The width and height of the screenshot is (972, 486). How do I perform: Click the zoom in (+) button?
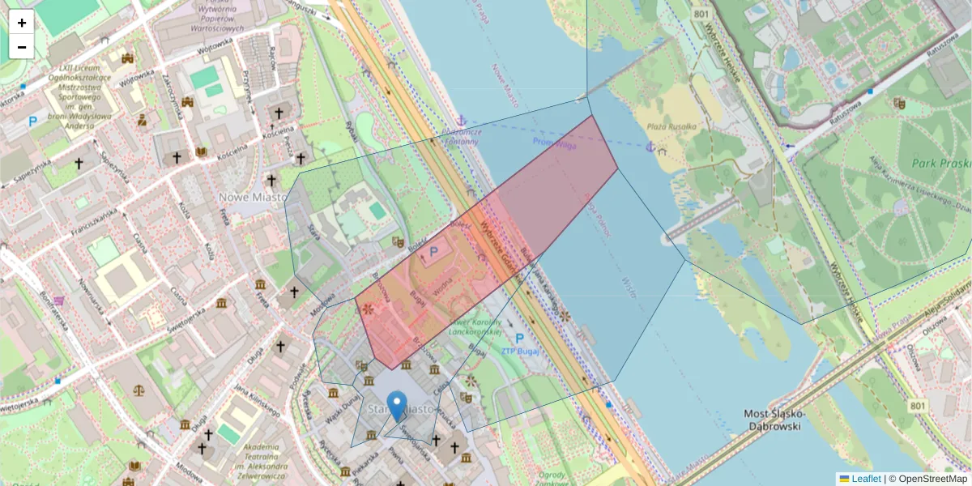[22, 22]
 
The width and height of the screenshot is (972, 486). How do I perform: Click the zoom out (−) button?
[22, 47]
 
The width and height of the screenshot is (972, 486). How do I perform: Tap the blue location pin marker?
[397, 405]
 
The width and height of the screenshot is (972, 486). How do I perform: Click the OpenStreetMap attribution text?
[931, 479]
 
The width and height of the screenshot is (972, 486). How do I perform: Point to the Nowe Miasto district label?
[254, 197]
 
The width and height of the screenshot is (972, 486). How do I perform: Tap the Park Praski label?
[940, 163]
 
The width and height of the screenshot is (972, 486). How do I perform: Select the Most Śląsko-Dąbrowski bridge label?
[773, 420]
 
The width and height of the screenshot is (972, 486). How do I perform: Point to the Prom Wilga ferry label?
[555, 142]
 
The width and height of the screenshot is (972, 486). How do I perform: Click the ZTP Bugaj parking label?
[519, 351]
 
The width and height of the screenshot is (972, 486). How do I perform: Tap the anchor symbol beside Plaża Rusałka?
[650, 147]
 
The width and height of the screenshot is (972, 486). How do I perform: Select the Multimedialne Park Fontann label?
[463, 136]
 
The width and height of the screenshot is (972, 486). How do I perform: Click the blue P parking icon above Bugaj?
[433, 253]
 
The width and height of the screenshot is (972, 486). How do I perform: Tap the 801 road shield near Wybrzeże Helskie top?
[701, 15]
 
